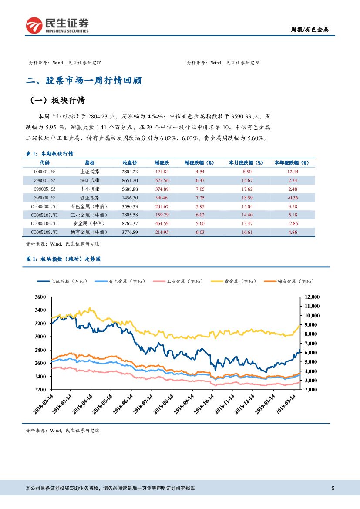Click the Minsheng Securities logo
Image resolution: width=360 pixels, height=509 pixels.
pos(57,25)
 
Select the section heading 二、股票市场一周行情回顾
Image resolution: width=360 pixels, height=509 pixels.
pos(84,81)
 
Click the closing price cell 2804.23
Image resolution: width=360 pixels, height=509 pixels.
pos(130,172)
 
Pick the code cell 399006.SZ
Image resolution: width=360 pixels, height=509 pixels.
pos(44,198)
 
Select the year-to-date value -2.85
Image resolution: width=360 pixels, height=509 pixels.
pos(292,223)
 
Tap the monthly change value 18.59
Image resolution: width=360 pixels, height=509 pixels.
pos(246,198)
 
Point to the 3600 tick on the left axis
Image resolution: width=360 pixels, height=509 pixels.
pos(40,297)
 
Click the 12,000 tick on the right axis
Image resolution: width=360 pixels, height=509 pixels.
pos(312,297)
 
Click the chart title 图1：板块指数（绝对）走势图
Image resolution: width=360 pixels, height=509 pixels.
pos(64,259)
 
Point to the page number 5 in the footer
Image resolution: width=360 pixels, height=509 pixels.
pos(333,488)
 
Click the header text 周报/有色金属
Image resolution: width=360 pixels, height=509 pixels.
pos(310,30)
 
